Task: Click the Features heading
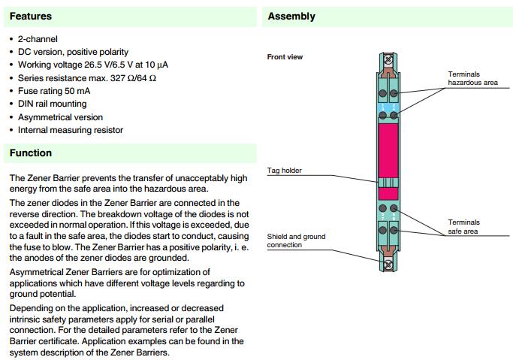pos(30,16)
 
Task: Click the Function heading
pos(31,153)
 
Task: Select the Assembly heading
pos(291,17)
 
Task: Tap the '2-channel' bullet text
pos(38,39)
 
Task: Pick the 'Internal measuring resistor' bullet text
pos(70,130)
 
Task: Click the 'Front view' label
pos(285,57)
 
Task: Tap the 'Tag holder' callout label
pos(284,171)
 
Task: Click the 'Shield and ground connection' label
pos(296,241)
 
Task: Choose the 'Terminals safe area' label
pos(464,227)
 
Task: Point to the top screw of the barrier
pos(388,59)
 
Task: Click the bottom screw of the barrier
pos(388,264)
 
